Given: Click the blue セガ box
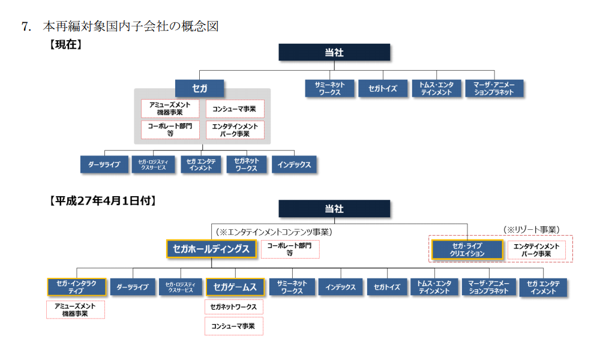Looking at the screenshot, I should (x=199, y=89).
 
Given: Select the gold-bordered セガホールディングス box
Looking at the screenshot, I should (x=211, y=249).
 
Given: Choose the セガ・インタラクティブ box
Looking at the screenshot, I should (x=76, y=287).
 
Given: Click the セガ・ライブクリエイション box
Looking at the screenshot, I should (x=467, y=250).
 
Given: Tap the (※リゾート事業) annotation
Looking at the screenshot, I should (x=531, y=229).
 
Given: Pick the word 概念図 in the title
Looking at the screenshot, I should (x=200, y=26).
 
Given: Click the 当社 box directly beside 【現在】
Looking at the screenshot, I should (x=334, y=53).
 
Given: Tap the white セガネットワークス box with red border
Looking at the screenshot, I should (x=234, y=307).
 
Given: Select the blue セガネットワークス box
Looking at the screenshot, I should (x=247, y=165).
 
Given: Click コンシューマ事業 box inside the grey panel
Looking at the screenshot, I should (x=235, y=109).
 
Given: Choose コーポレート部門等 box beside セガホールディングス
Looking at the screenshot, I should (x=290, y=249).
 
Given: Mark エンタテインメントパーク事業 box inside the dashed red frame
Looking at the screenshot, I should (x=537, y=250).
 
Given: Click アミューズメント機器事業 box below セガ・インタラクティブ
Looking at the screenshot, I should (x=75, y=310).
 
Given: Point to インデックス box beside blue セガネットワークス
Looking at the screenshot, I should (x=294, y=165).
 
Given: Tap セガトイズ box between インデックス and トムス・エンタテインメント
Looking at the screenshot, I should (x=386, y=287).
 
